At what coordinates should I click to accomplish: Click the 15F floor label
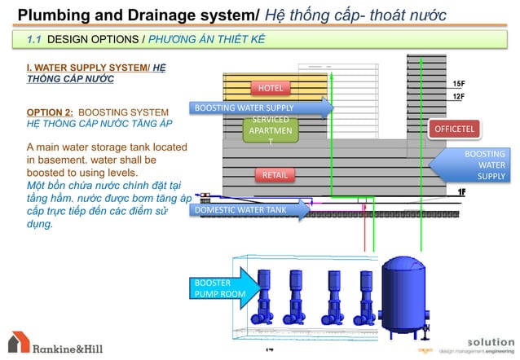pos(459,84)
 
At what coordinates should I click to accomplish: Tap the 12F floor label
pos(459,96)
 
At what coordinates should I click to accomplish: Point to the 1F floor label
pos(461,191)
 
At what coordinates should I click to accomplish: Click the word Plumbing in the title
pos(51,13)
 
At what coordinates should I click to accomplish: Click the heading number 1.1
pos(35,38)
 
